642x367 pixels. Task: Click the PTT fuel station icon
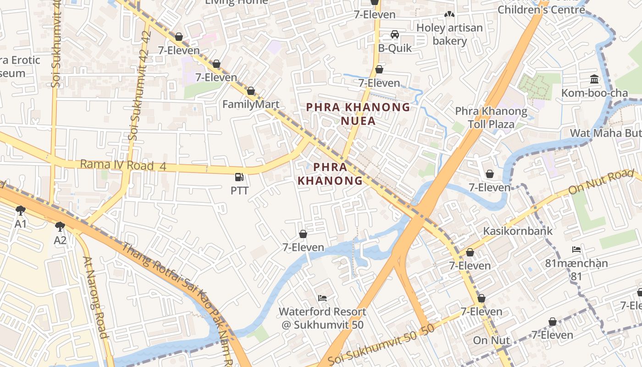(239, 177)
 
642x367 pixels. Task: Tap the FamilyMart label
(251, 104)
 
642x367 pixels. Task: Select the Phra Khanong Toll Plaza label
(491, 117)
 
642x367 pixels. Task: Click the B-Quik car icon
(394, 34)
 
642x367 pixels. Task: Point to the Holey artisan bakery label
(449, 34)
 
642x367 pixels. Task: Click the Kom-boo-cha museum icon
(595, 79)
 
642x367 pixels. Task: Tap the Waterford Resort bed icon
(322, 298)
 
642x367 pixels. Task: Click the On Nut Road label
(601, 182)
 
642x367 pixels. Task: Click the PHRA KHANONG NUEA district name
(358, 114)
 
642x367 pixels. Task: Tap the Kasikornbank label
(517, 231)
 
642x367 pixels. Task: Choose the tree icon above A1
(20, 211)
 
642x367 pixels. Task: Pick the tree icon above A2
(60, 227)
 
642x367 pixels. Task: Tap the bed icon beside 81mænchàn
(576, 250)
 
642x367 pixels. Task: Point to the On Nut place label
(491, 340)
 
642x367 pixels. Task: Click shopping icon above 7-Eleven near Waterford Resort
(303, 234)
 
